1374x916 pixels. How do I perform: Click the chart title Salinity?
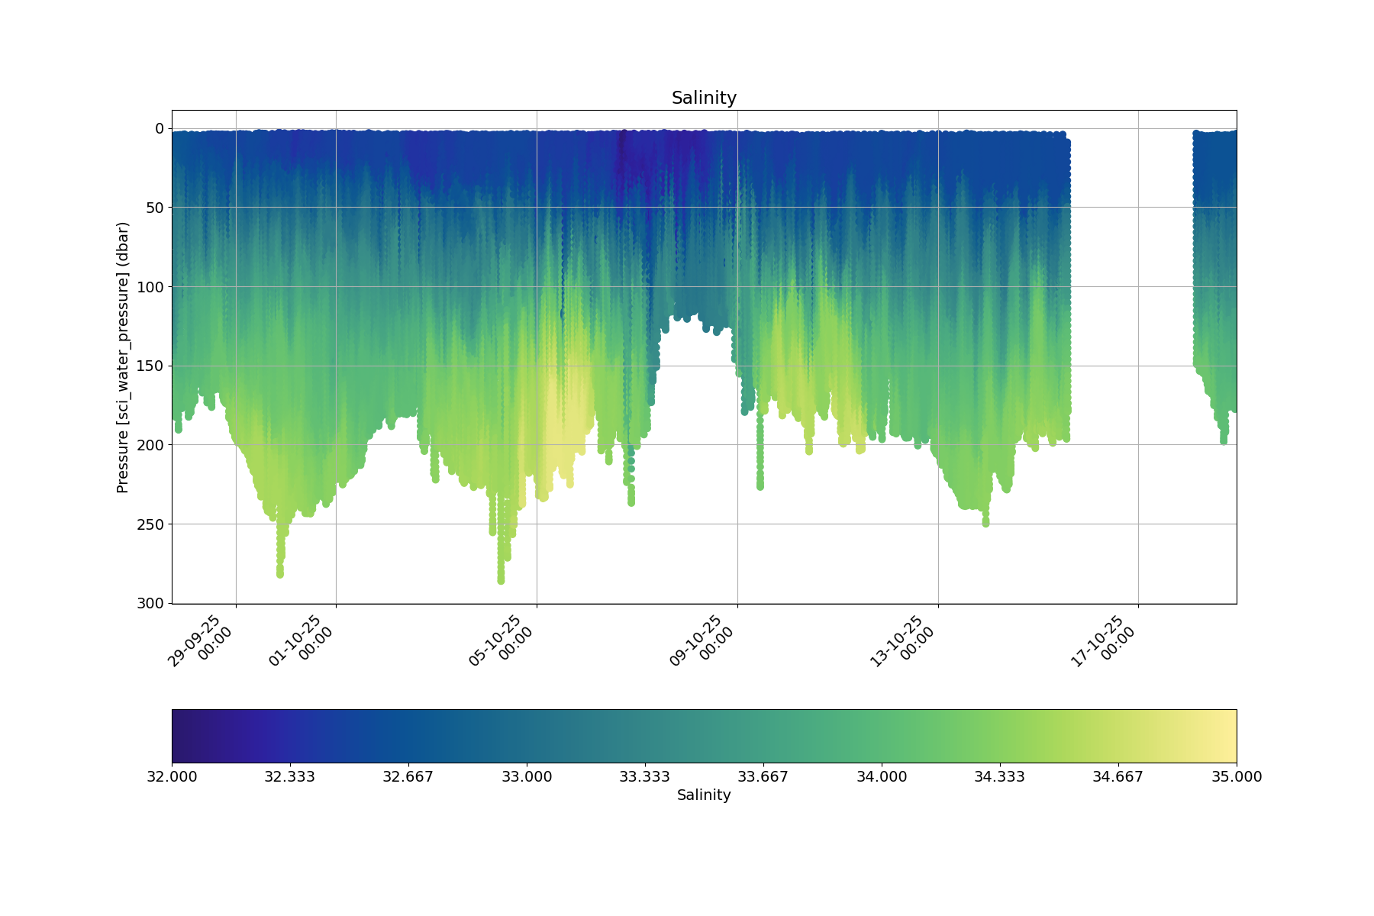(x=704, y=98)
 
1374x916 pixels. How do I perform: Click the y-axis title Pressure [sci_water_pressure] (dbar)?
(x=123, y=357)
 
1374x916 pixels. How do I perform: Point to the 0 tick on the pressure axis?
(x=159, y=128)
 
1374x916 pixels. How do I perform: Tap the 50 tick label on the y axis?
(x=155, y=208)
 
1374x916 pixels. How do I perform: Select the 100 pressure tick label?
(x=150, y=287)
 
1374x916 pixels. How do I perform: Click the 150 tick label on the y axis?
(x=150, y=366)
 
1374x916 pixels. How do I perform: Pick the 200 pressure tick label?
(x=150, y=445)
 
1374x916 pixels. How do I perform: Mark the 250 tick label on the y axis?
(x=150, y=524)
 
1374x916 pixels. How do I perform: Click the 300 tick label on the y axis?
(x=150, y=603)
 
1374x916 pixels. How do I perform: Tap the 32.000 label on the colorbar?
(x=172, y=777)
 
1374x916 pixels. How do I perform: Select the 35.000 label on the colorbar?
(x=1237, y=777)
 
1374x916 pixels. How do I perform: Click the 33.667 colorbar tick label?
(x=763, y=777)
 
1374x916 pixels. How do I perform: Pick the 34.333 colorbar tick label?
(x=1000, y=777)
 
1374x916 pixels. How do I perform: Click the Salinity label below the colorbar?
(x=704, y=795)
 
